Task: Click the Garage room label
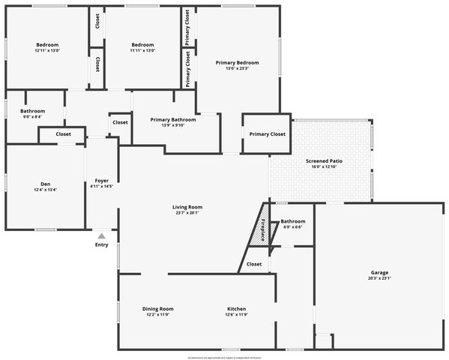[379, 272]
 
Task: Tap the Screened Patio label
[324, 161]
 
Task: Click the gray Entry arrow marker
[101, 236]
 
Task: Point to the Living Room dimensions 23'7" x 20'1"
[187, 213]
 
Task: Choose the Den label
[45, 184]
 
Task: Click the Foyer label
[101, 180]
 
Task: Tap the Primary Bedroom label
[237, 62]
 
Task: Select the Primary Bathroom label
[173, 119]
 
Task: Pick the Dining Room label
[158, 309]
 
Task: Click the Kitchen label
[237, 309]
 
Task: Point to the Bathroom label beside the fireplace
[292, 221]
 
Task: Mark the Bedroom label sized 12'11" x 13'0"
[46, 45]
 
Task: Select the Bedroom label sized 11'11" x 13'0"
[142, 45]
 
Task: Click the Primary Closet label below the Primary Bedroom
[267, 134]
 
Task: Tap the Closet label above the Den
[63, 134]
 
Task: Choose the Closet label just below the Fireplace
[254, 264]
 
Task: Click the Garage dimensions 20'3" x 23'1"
[379, 278]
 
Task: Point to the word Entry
[101, 245]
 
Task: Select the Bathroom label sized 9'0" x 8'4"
[32, 111]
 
